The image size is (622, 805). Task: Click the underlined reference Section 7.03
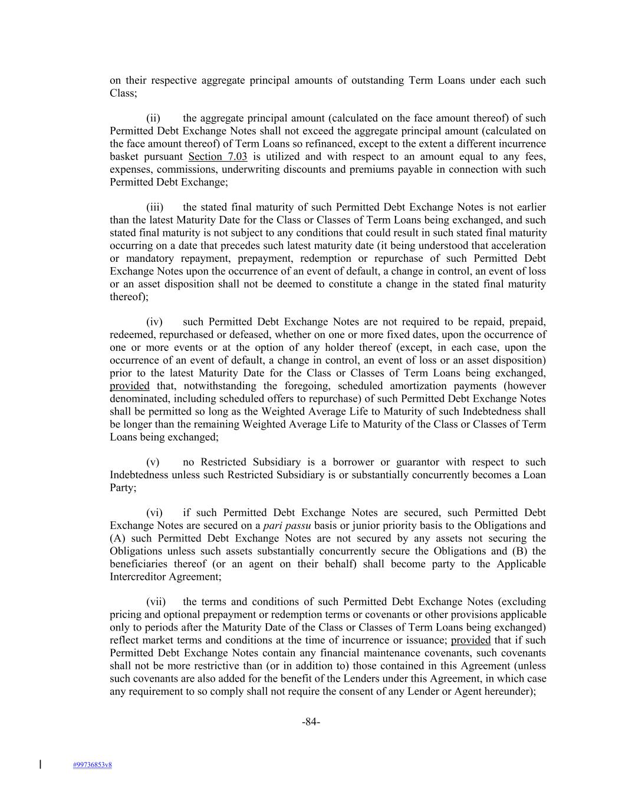pos(218,157)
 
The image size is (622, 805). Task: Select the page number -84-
pos(311,722)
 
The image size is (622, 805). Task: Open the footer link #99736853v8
pos(93,765)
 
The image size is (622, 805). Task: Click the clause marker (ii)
pos(153,119)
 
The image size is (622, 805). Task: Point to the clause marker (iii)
pos(154,208)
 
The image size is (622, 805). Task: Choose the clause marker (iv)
pos(154,322)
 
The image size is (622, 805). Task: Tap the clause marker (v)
pos(153,462)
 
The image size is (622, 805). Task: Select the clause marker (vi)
pos(154,513)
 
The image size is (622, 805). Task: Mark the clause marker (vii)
pos(156,602)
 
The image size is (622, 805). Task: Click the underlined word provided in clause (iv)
pos(130,386)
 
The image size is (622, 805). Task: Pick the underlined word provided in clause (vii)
pos(470,640)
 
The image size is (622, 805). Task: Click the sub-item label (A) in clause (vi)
pos(116,538)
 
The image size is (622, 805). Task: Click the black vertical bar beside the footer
pos(40,765)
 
